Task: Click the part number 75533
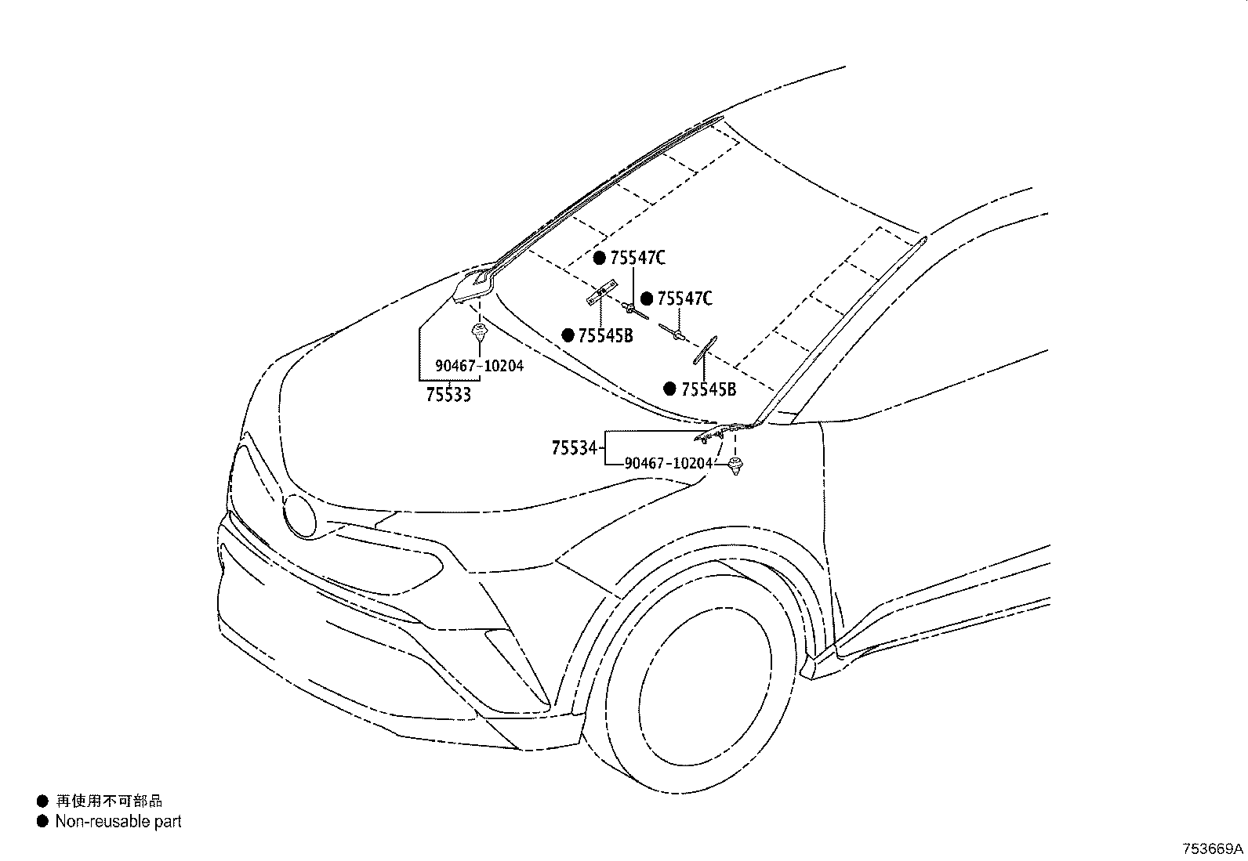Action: click(448, 395)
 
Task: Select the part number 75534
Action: click(574, 448)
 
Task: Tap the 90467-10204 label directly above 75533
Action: click(479, 366)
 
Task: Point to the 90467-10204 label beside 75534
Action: click(669, 463)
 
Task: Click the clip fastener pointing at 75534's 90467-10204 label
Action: click(736, 465)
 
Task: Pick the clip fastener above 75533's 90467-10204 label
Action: click(479, 332)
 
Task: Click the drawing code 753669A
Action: click(1213, 848)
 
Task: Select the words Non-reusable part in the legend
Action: click(118, 822)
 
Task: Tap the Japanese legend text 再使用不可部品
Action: click(109, 801)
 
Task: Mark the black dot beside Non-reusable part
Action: click(42, 822)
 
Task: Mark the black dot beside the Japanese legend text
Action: click(42, 801)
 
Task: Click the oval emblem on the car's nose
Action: click(299, 516)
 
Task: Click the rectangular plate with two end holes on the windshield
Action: click(602, 292)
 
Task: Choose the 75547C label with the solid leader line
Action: click(638, 258)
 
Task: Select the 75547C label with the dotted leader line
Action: click(684, 299)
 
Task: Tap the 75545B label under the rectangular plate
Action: click(606, 336)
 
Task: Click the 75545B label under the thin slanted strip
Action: click(709, 389)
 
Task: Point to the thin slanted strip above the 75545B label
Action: click(706, 349)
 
